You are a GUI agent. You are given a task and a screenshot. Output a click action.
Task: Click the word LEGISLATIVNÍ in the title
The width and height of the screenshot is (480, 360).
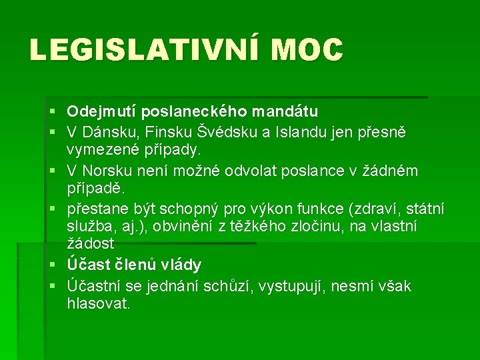pyautogui.click(x=141, y=50)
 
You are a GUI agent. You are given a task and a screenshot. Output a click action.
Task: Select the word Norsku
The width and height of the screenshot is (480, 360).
pyautogui.click(x=109, y=171)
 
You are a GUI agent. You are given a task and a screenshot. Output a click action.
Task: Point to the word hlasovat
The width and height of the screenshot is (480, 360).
pyautogui.click(x=99, y=303)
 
